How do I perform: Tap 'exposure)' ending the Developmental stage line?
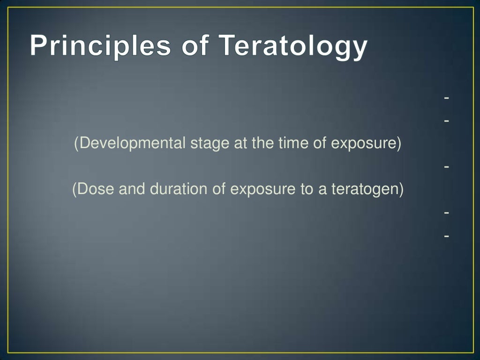366,143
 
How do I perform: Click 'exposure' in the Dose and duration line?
263,189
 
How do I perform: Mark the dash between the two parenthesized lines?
447,166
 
